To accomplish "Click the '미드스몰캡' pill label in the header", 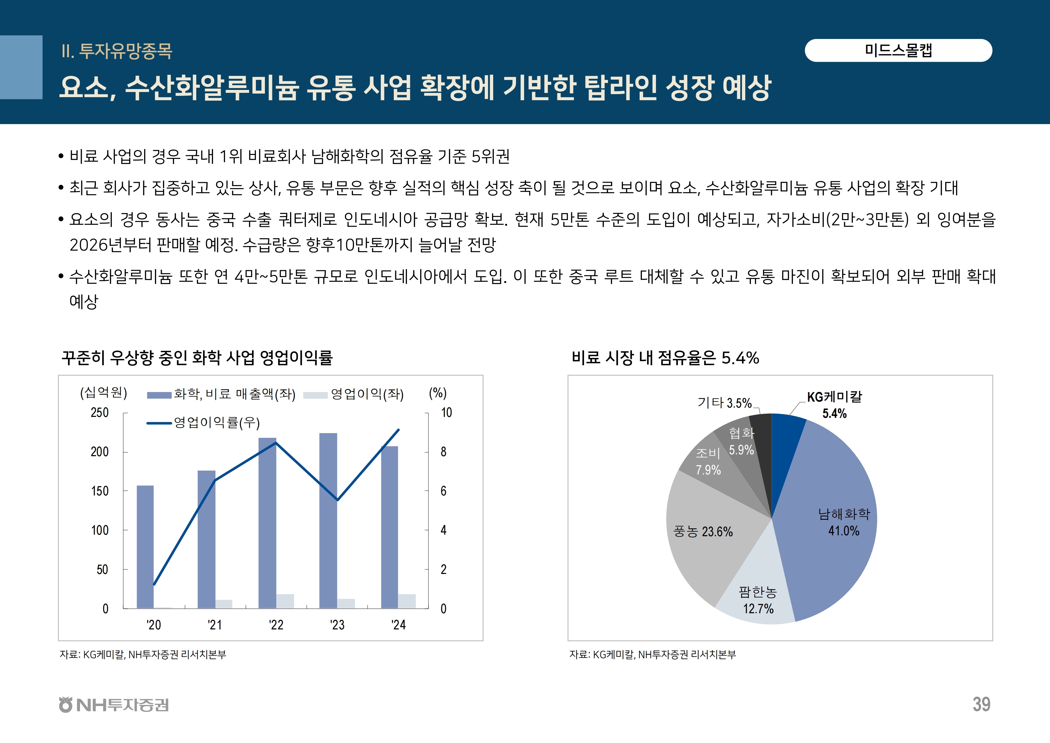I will point(898,50).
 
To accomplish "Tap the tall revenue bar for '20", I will point(145,547).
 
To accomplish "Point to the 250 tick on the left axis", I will point(100,413).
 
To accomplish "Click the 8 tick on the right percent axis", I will point(443,452).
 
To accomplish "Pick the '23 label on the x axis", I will point(337,625).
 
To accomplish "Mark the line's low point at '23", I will point(337,500).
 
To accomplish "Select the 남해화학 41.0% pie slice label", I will point(844,522).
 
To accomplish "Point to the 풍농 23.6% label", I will point(703,532).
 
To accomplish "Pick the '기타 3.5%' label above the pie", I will point(724,403).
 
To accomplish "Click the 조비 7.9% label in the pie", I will point(708,461).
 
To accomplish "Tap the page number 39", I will point(981,705).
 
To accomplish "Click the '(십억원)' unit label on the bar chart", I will point(103,393).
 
